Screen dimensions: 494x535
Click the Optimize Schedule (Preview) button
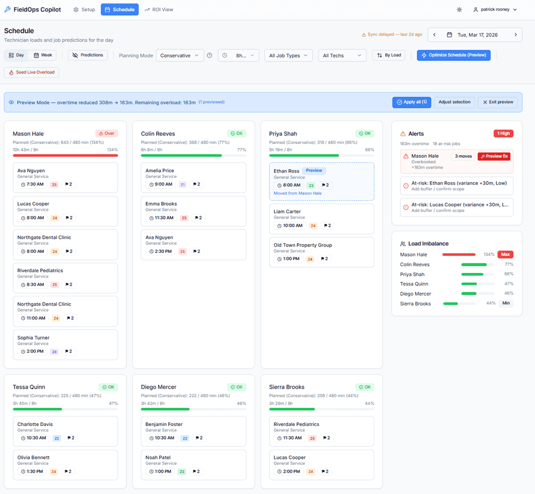(453, 55)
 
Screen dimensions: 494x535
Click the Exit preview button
(498, 102)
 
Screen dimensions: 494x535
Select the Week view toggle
(42, 55)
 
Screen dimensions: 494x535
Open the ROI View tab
(159, 9)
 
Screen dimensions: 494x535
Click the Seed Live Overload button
(31, 72)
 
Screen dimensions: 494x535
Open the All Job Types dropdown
(288, 55)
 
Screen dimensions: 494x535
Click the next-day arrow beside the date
(515, 35)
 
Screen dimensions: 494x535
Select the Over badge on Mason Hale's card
(106, 133)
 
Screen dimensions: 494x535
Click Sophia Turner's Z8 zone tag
(54, 351)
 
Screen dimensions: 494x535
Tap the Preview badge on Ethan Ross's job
(314, 171)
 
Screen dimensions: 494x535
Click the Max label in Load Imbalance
(505, 255)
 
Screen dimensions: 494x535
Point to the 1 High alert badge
(503, 133)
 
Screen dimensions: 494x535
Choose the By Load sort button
(388, 55)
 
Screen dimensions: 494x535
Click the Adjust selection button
(454, 102)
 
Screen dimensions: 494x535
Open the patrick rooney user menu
(494, 9)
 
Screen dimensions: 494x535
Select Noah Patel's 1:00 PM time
(160, 471)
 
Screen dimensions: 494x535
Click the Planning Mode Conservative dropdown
(179, 55)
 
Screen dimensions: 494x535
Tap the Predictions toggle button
(88, 55)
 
